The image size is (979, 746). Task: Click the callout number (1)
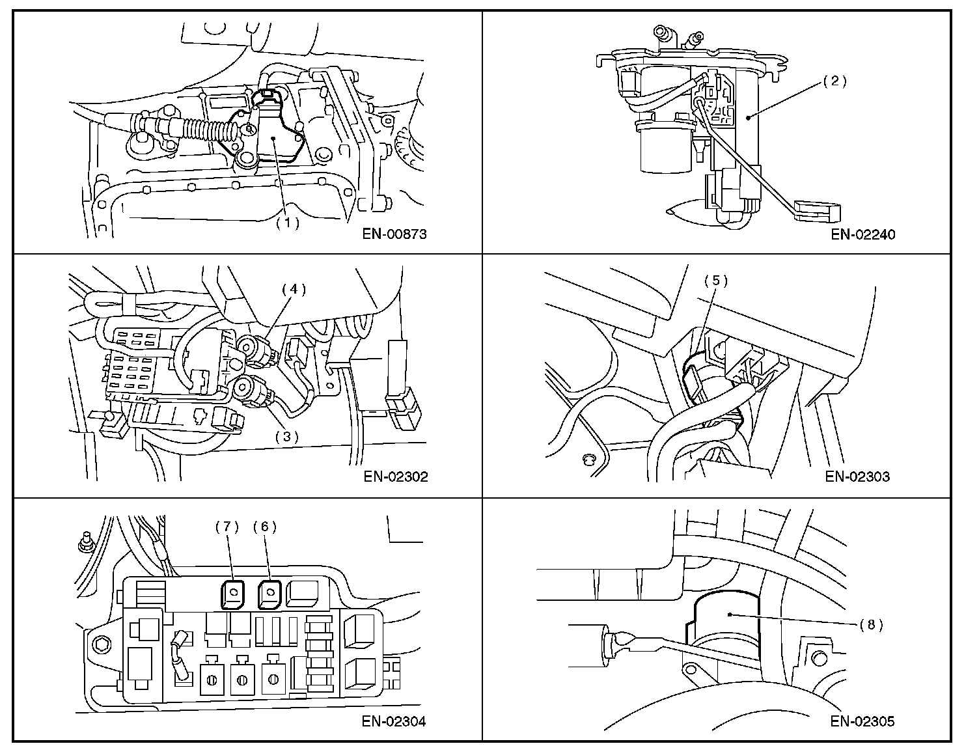tap(286, 222)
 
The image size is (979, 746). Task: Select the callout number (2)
tap(834, 81)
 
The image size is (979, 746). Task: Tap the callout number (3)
tap(286, 437)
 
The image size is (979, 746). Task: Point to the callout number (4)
tap(294, 289)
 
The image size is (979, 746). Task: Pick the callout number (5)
tap(716, 281)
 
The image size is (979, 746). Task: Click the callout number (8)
tap(871, 624)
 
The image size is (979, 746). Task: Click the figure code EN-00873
tap(395, 234)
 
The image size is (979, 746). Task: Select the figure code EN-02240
tap(862, 234)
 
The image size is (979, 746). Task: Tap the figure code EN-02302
tap(395, 477)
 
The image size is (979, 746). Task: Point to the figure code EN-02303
tap(857, 477)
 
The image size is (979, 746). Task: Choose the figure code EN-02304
tap(395, 721)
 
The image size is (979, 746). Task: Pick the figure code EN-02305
tap(862, 721)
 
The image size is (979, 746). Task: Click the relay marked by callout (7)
tap(232, 593)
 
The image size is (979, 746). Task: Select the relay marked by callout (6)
tap(269, 593)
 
